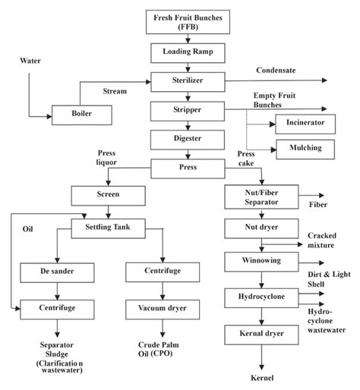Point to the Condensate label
coord(276,71)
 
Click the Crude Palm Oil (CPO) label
coord(163,348)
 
